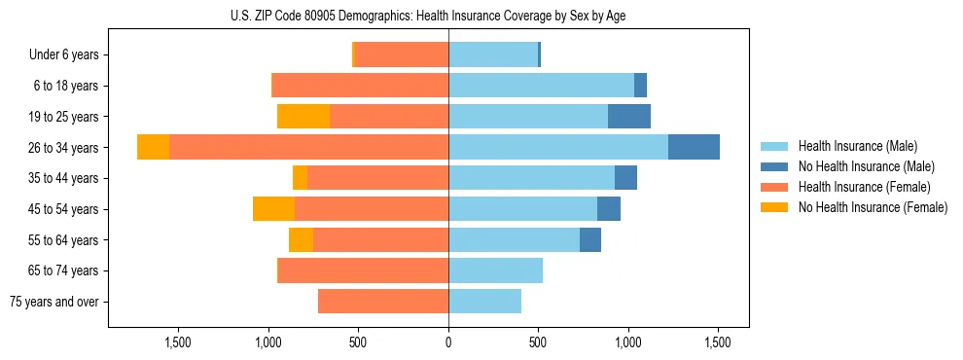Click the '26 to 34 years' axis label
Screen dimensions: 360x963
tap(64, 148)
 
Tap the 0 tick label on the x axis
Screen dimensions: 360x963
tap(448, 342)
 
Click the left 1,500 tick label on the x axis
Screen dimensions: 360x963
tap(179, 342)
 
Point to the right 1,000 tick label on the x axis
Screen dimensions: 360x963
tap(627, 342)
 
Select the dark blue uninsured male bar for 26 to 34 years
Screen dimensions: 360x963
tap(694, 147)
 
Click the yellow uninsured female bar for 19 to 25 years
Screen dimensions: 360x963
tap(303, 117)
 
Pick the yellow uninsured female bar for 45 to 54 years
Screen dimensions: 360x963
tap(273, 209)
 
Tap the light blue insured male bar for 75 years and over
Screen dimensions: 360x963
tap(484, 302)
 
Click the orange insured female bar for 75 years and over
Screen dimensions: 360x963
tap(383, 302)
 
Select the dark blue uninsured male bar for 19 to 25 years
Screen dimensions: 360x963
tap(628, 117)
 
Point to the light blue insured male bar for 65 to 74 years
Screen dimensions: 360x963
tap(495, 270)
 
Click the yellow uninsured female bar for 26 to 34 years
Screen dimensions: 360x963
tap(153, 147)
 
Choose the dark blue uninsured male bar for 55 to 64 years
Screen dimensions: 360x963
tap(589, 240)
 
